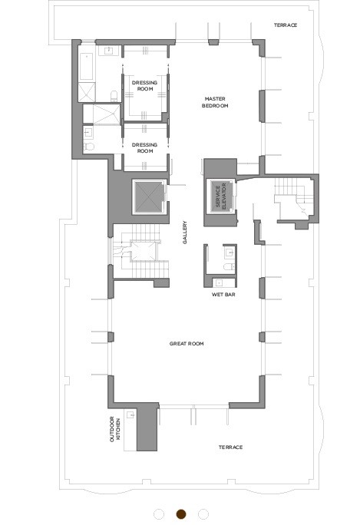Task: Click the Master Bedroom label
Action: pyautogui.click(x=215, y=102)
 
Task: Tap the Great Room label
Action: pyautogui.click(x=187, y=344)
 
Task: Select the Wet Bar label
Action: pyautogui.click(x=223, y=295)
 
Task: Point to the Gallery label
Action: pyautogui.click(x=184, y=233)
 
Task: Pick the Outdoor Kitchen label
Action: pyautogui.click(x=115, y=429)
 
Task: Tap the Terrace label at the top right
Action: pyautogui.click(x=286, y=25)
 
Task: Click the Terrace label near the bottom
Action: pyautogui.click(x=231, y=447)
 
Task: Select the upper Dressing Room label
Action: pyautogui.click(x=144, y=86)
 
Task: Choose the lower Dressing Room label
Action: pyautogui.click(x=144, y=148)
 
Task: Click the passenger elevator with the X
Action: pyautogui.click(x=149, y=196)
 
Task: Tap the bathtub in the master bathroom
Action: pyautogui.click(x=87, y=66)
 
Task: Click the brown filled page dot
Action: pyautogui.click(x=181, y=513)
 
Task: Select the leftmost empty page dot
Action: pyautogui.click(x=159, y=513)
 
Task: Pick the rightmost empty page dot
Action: pyautogui.click(x=203, y=513)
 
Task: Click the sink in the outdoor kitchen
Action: pyautogui.click(x=131, y=414)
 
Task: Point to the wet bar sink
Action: pyautogui.click(x=219, y=283)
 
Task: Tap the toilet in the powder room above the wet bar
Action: pyautogui.click(x=230, y=267)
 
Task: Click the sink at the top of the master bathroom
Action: pyautogui.click(x=109, y=51)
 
